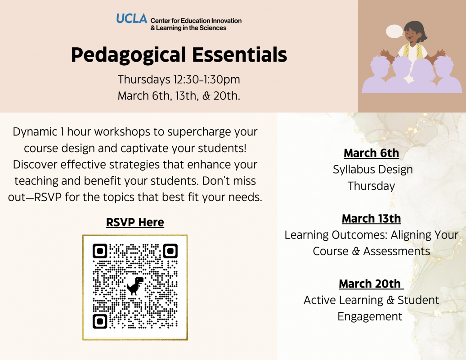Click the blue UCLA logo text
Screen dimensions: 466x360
[132, 18]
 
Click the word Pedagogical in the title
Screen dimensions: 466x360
[128, 55]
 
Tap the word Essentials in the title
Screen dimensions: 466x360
[240, 55]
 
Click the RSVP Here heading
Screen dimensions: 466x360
[135, 222]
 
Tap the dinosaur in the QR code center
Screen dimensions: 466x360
[135, 286]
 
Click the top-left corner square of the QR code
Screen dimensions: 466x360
[100, 251]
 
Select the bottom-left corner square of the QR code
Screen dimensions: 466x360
[100, 321]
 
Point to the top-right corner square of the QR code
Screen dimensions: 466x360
[170, 251]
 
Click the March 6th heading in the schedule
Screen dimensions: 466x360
[371, 153]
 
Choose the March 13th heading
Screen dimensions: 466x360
[371, 219]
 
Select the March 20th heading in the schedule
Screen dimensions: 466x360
[370, 283]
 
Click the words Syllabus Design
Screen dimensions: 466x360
[373, 170]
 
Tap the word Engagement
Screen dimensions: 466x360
[370, 317]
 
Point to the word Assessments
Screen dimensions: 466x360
[396, 251]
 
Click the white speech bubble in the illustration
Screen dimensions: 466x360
[394, 31]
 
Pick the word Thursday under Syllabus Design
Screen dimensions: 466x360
[372, 186]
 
